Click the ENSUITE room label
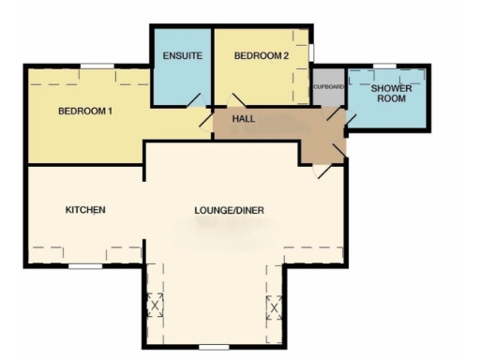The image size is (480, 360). tap(182, 56)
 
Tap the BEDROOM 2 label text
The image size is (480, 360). tap(260, 56)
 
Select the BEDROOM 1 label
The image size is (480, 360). tap(85, 112)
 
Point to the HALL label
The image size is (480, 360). tap(244, 120)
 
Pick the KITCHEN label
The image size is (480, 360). tap(84, 209)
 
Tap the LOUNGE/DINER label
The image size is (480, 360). tap(229, 209)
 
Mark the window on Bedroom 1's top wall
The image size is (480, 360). tap(97, 66)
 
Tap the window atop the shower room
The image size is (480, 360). tap(384, 66)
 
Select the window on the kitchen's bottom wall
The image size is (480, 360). tap(85, 266)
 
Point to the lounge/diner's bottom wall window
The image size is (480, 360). tap(214, 347)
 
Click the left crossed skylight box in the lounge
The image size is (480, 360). tap(155, 306)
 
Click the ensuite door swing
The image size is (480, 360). tap(194, 99)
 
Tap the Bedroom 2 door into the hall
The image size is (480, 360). tap(236, 100)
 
